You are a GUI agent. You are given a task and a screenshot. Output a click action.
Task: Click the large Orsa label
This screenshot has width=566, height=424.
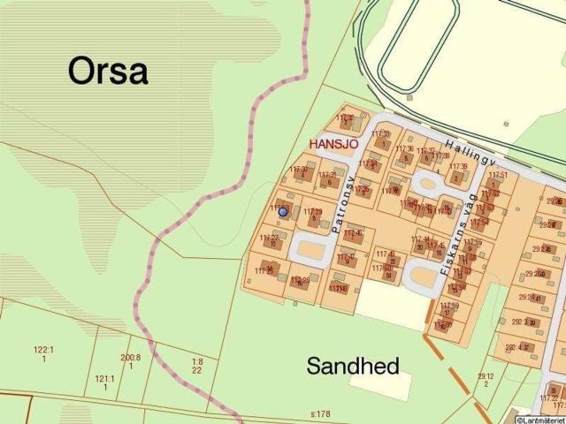pos(108,71)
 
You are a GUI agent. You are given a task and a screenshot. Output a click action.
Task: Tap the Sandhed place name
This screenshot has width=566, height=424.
pos(353,365)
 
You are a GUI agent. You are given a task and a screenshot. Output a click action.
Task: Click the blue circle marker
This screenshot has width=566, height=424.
pos(283,212)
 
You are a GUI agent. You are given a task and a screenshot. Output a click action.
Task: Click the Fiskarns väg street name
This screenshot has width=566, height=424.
pos(457,231)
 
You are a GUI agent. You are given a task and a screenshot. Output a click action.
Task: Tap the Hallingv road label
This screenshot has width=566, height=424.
pos(470,153)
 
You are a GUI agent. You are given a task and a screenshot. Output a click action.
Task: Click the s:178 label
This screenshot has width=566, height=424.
pos(319,413)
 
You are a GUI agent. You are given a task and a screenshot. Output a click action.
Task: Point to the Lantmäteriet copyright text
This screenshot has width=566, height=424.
pos(541,420)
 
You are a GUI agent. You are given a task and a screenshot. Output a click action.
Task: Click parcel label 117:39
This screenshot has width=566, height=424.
pos(458,166)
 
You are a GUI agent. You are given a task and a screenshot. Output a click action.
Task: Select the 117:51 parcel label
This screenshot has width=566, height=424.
pos(498,176)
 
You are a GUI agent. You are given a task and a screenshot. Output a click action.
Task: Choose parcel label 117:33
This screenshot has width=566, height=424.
pos(381,134)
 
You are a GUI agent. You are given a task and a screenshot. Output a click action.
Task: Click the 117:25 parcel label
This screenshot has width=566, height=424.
pos(300,281)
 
